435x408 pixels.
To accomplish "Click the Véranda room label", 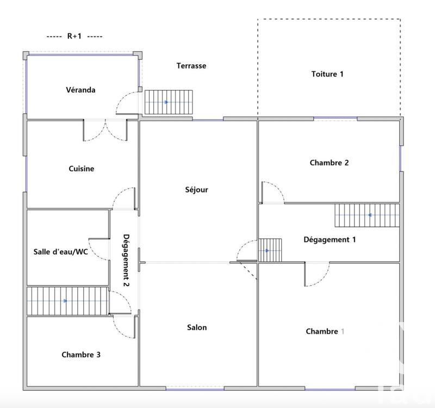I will click(81, 90).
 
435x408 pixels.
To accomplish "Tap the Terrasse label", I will click(191, 66).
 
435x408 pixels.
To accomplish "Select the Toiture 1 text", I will click(327, 74).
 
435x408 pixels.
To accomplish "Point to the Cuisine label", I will click(82, 169).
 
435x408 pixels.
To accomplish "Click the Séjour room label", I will click(197, 190).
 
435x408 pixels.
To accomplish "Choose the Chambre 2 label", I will click(329, 163).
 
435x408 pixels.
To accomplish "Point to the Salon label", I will click(197, 327).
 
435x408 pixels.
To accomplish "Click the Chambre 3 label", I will click(81, 355).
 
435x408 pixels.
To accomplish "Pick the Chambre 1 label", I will click(325, 331).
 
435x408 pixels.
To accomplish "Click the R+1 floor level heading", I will click(74, 36).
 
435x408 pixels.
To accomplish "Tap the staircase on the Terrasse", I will click(169, 102).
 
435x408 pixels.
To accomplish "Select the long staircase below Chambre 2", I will click(366, 215).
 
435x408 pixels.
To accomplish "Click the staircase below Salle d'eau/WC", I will click(67, 301).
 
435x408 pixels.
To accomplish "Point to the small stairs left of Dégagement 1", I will click(270, 250).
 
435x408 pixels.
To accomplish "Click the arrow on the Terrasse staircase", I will click(166, 102).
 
